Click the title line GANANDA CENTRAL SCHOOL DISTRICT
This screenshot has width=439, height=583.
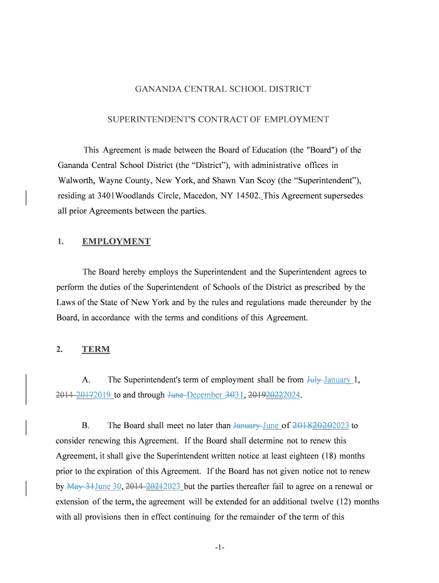tap(222, 89)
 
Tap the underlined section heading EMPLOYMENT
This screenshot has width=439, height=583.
tap(116, 241)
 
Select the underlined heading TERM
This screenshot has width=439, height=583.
tap(96, 349)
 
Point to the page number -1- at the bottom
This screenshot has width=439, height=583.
tap(220, 548)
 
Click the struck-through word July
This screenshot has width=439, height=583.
tap(314, 380)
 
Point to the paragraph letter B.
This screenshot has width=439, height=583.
tap(85, 425)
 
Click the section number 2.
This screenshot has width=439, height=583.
tap(59, 349)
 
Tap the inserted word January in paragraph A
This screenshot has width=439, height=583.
tap(338, 380)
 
